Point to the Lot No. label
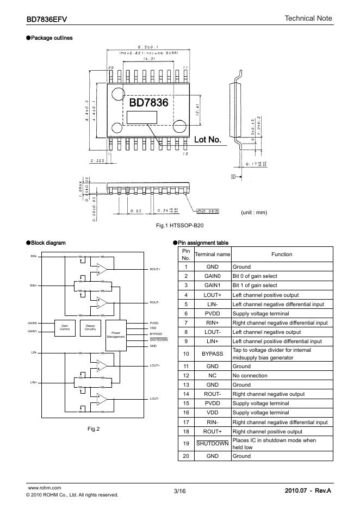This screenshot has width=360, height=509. [208, 140]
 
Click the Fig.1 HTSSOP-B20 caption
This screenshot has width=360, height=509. [179, 225]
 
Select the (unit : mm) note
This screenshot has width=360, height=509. [254, 212]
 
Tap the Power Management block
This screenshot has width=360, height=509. [116, 334]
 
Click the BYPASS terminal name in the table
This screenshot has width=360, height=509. [213, 353]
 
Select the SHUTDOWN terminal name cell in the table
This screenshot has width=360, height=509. [213, 443]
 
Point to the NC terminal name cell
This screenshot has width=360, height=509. [213, 375]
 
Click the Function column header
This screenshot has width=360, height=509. [282, 254]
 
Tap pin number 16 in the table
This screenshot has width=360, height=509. [186, 413]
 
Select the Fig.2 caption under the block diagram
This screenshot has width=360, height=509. [94, 429]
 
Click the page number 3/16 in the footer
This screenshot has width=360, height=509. [179, 492]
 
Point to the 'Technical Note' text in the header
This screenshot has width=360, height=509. [308, 18]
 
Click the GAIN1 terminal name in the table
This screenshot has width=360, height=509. [213, 285]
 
